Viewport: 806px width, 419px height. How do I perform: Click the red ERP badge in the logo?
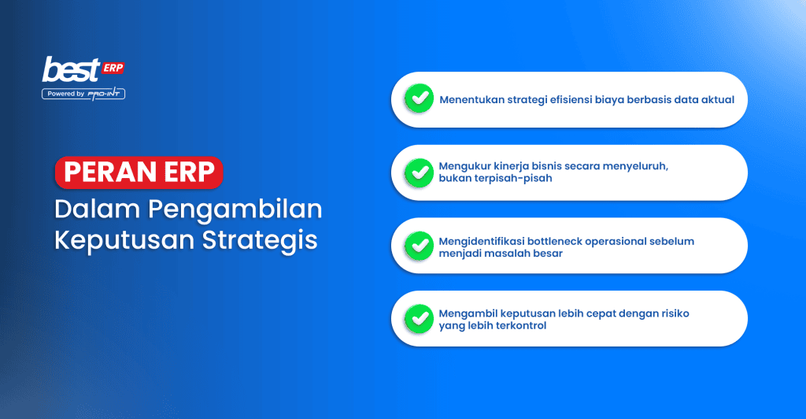pyautogui.click(x=113, y=68)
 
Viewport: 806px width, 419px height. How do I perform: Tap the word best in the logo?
pyautogui.click(x=71, y=70)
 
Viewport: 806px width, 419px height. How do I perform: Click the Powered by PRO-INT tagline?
pyautogui.click(x=83, y=94)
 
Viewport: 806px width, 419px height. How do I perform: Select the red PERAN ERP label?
pyautogui.click(x=139, y=172)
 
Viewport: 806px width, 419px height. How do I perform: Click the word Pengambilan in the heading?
pyautogui.click(x=235, y=209)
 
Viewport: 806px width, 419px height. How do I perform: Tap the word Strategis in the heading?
pyautogui.click(x=260, y=240)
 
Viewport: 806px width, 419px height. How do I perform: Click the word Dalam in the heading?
pyautogui.click(x=97, y=209)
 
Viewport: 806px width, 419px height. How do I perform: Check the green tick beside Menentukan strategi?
pyautogui.click(x=420, y=98)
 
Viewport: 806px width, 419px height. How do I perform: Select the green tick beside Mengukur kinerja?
pyautogui.click(x=420, y=172)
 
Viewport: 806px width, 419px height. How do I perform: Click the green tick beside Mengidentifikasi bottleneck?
pyautogui.click(x=420, y=246)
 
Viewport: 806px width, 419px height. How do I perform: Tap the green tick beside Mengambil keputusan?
pyautogui.click(x=420, y=319)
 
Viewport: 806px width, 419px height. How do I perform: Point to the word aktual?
pyautogui.click(x=718, y=100)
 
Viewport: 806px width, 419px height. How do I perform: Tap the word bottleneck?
pyautogui.click(x=554, y=241)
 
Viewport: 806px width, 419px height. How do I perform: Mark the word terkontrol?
pyautogui.click(x=521, y=326)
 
